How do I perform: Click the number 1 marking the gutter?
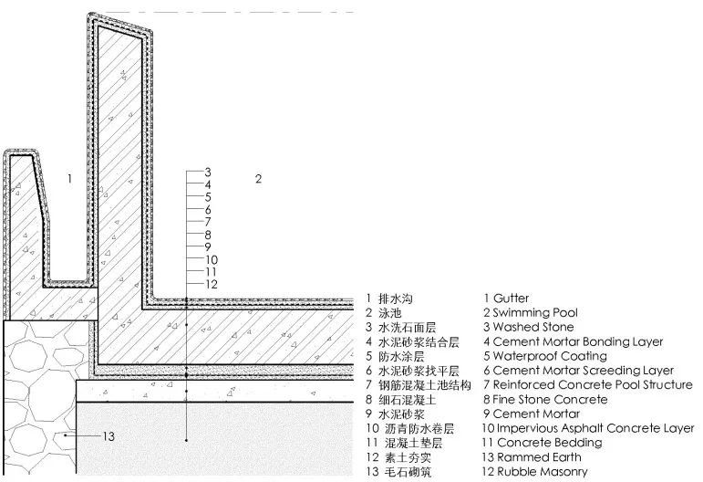click(69, 179)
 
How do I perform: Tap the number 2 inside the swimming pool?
click(258, 179)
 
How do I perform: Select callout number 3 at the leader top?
click(208, 172)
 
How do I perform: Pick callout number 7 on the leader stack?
click(208, 222)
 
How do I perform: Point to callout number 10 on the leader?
click(212, 259)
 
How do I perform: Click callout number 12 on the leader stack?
click(212, 284)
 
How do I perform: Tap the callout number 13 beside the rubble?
click(109, 435)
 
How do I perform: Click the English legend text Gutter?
click(511, 298)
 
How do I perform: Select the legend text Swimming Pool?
click(535, 312)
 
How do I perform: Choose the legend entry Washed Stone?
click(533, 327)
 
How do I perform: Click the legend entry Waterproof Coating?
click(550, 356)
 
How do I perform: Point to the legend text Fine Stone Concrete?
click(550, 399)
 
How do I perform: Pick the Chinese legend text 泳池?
click(389, 313)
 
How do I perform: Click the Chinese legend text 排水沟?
click(396, 299)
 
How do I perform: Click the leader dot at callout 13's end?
click(66, 435)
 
